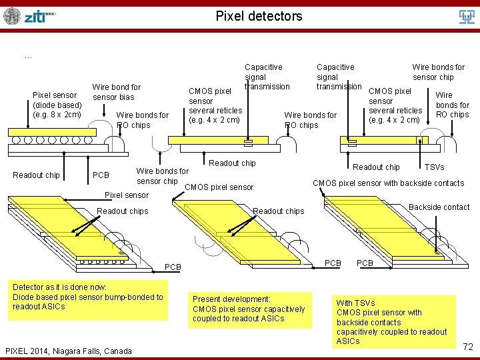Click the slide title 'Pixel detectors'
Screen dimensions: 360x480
click(259, 16)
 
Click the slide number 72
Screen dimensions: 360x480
click(468, 347)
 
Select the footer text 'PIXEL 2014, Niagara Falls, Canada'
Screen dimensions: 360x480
click(68, 351)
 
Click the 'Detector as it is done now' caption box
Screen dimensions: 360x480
click(88, 297)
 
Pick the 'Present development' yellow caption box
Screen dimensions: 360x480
click(249, 309)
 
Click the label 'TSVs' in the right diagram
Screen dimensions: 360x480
click(434, 167)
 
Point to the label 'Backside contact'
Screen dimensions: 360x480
click(439, 207)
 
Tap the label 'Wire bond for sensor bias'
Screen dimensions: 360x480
click(117, 92)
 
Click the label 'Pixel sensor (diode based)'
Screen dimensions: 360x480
click(57, 105)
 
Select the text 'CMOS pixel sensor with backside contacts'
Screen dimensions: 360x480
click(388, 183)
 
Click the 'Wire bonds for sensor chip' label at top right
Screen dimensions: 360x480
click(438, 72)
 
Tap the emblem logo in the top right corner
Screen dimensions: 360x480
click(466, 16)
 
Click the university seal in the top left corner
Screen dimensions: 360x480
click(12, 16)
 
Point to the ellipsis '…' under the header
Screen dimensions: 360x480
click(27, 57)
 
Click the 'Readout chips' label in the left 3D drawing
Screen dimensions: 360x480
click(122, 211)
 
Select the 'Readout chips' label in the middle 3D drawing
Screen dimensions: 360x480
click(279, 211)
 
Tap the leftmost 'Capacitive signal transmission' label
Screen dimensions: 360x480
click(266, 77)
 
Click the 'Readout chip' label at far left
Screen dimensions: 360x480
click(36, 175)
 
